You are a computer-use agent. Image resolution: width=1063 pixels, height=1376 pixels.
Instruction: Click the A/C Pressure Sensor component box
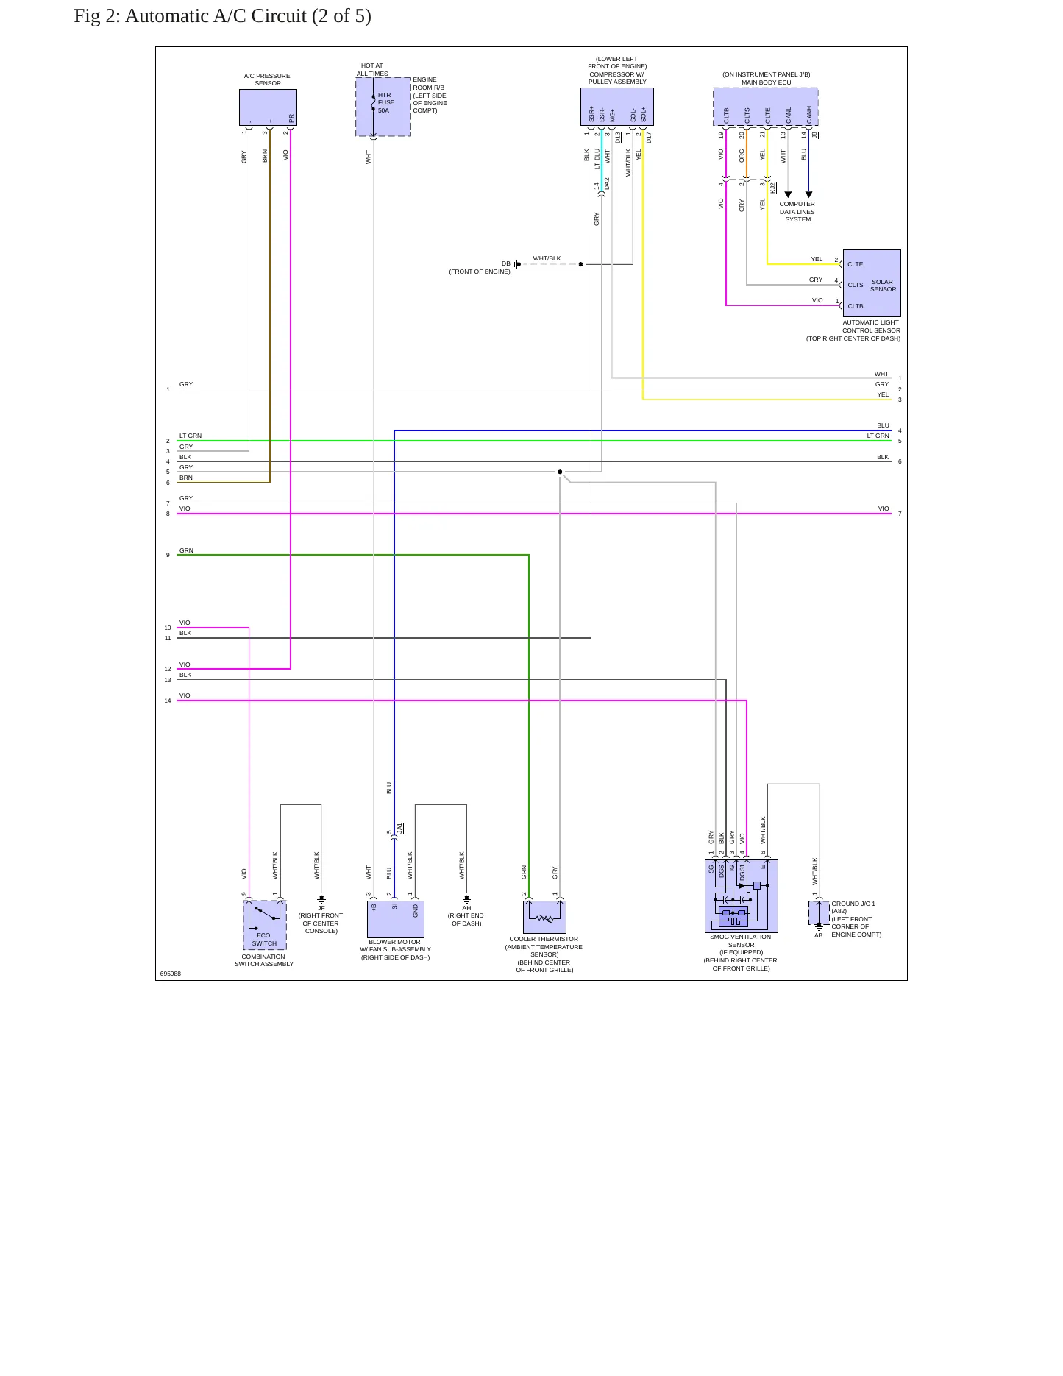coord(268,107)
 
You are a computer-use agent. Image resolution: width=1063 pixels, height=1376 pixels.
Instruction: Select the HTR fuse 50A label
coord(386,103)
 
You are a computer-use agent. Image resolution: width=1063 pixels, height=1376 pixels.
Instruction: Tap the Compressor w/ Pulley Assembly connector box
coord(617,107)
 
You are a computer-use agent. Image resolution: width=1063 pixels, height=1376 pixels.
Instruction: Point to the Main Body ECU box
coord(766,107)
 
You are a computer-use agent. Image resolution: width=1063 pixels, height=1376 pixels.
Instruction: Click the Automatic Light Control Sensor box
coord(872,283)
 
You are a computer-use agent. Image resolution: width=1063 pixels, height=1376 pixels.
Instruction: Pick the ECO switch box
coord(265,925)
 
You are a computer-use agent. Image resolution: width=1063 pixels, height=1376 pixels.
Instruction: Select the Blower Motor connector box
coord(396,919)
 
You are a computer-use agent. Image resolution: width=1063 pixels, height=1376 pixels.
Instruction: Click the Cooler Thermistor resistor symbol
coord(545,918)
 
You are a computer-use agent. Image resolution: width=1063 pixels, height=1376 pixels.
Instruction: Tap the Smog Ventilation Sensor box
coord(742,896)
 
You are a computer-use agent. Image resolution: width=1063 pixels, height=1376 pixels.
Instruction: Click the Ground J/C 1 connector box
coord(819,913)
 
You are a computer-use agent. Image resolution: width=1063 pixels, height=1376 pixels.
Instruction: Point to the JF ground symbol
coord(321,900)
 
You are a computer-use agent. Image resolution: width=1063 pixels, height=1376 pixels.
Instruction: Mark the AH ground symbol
coord(466,900)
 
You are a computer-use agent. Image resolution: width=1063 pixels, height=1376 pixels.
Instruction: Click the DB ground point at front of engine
coord(517,264)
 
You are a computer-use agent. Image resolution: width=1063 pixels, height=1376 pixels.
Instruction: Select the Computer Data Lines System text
coord(797,212)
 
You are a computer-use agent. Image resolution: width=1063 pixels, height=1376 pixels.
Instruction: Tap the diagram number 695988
coord(171,974)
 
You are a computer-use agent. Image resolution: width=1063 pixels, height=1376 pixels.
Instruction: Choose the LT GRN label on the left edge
coord(191,436)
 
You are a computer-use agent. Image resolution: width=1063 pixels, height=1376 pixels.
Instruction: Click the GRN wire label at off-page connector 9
coord(186,550)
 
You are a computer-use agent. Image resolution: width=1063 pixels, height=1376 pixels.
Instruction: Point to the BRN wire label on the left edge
coord(186,478)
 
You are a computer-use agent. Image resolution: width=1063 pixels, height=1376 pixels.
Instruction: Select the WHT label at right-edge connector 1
coord(881,374)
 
